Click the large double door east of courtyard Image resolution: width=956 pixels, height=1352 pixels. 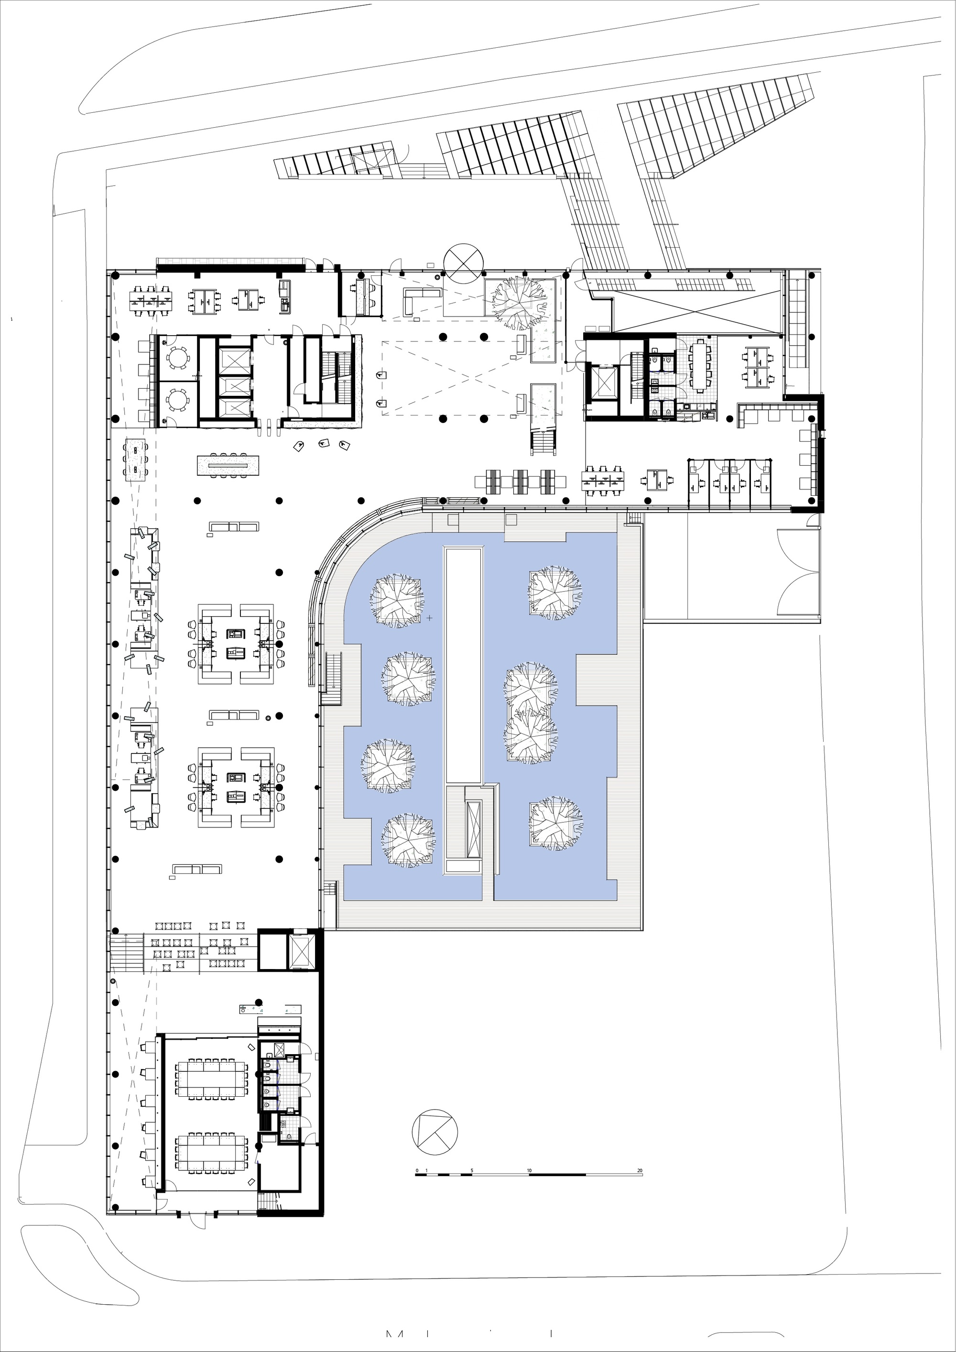798,571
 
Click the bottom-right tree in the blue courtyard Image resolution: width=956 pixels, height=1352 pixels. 554,824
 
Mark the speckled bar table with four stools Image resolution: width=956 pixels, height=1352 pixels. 229,465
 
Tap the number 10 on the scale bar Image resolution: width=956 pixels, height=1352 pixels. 529,1171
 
